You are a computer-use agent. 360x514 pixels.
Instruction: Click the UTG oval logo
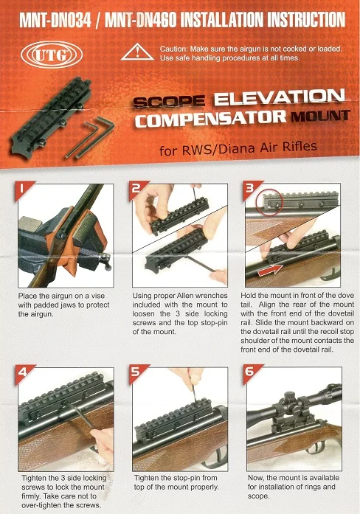click(52, 55)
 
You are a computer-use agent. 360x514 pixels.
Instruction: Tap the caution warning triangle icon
click(137, 53)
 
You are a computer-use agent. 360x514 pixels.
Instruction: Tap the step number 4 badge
click(23, 373)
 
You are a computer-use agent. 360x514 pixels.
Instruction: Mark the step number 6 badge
click(251, 372)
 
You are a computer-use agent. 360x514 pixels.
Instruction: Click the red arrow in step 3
click(270, 269)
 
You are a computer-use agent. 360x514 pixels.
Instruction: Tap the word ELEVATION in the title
click(279, 97)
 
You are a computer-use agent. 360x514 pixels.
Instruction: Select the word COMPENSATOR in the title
click(210, 118)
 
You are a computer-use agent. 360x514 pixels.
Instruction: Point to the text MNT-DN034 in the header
click(55, 21)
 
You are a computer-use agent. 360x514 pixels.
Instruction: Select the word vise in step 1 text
click(97, 296)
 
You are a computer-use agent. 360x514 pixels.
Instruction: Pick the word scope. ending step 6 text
click(258, 496)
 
